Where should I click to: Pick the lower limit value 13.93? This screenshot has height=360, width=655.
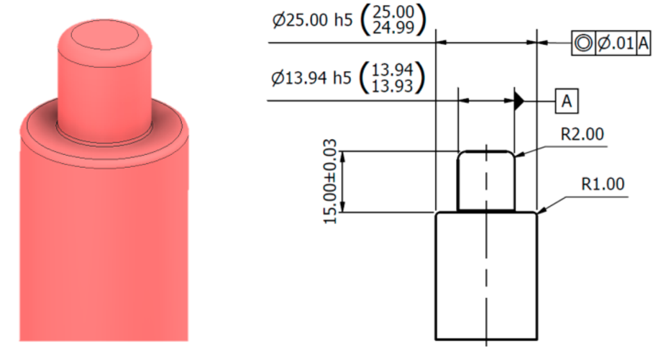tap(396, 86)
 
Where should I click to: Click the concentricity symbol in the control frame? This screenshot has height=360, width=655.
tap(583, 43)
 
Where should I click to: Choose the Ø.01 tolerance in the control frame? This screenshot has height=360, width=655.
tap(615, 43)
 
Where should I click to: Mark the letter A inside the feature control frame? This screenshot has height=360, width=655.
tap(643, 43)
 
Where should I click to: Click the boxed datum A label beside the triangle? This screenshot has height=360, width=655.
tap(567, 101)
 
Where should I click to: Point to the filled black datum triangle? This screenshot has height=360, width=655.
tap(520, 101)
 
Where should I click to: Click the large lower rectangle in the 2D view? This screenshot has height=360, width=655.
tap(486, 275)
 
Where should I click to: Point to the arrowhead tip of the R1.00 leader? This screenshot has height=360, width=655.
tap(539, 213)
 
